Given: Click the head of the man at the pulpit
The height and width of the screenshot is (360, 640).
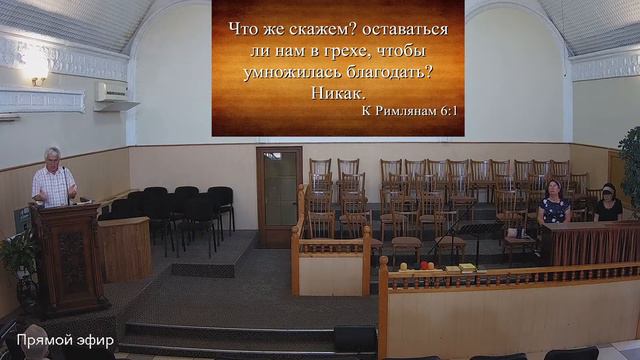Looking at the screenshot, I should tap(52, 156).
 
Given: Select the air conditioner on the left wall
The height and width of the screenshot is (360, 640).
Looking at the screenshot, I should tap(117, 94).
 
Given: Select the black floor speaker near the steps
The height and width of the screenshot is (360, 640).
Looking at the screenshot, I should tap(355, 339).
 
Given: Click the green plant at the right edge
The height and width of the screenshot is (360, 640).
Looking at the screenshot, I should tap(630, 160).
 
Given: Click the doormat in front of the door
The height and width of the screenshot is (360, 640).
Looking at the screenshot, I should tap(203, 269).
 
